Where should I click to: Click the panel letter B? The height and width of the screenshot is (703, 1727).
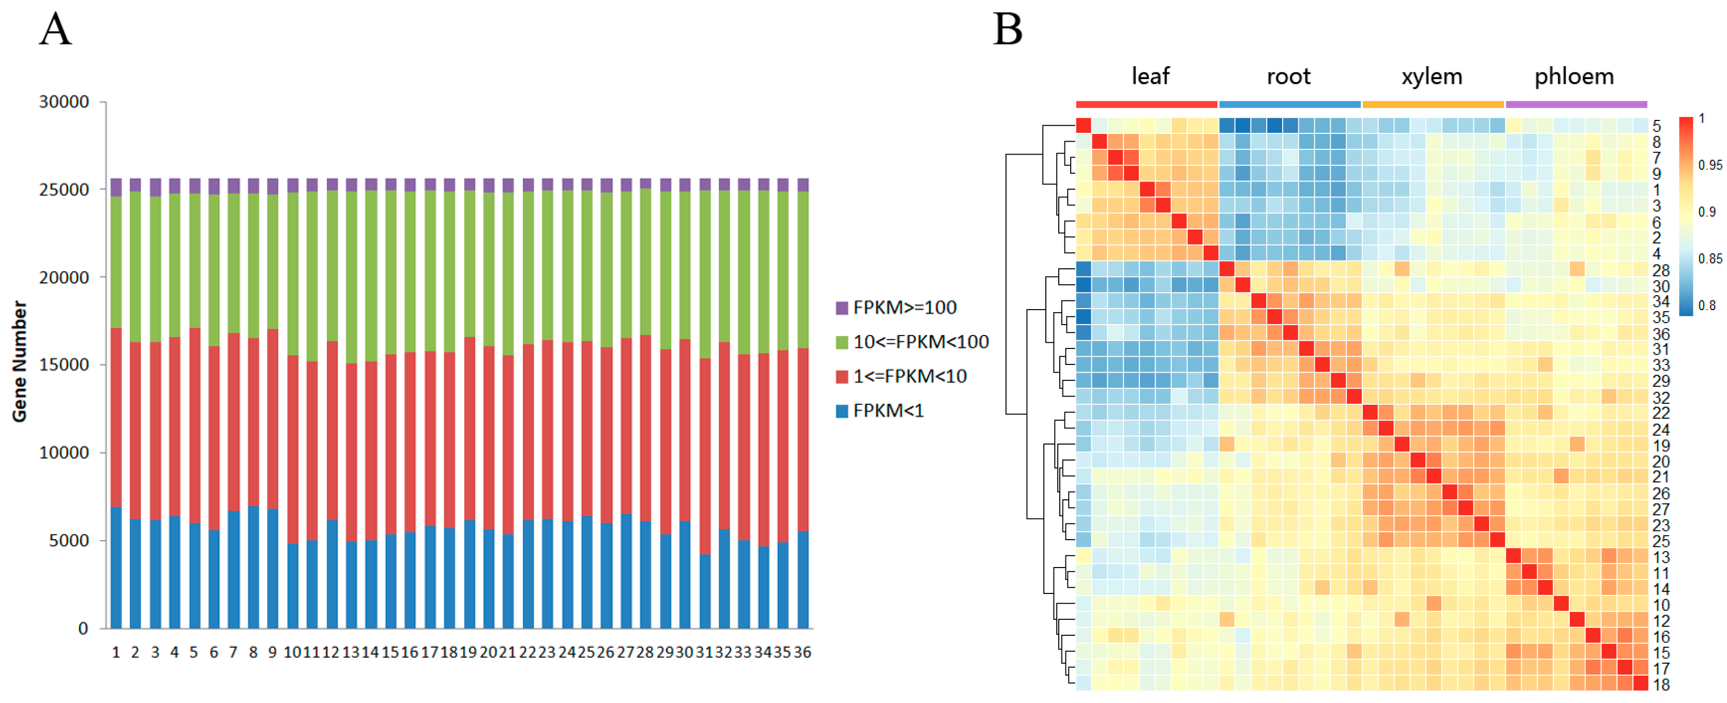point(1007,30)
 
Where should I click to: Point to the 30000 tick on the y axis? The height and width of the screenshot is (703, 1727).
point(64,102)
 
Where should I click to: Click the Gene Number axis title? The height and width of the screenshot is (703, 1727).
point(20,362)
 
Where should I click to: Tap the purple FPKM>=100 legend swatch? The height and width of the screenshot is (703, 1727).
point(842,308)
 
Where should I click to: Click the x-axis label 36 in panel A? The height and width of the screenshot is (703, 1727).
point(803,652)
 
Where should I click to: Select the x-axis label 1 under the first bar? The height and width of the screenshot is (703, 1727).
point(116,652)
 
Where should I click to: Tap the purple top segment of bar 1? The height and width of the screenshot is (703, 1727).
point(116,187)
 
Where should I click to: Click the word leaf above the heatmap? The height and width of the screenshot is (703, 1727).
point(1150,77)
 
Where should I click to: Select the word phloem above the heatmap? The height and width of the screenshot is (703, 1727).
point(1573,77)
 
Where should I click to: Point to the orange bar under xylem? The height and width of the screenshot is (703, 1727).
point(1433,104)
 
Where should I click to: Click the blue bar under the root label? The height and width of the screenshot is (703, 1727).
point(1289,104)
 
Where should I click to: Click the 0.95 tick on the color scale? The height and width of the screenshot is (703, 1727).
point(1709,165)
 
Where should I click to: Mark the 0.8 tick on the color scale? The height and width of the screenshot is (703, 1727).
point(1707,305)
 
